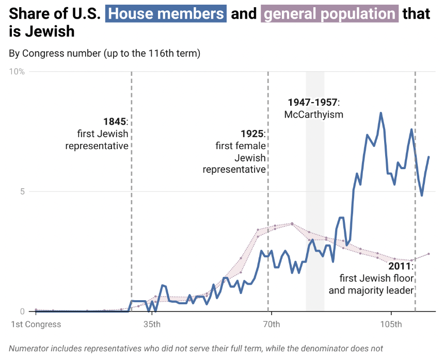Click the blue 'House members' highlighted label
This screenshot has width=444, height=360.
pos(166,13)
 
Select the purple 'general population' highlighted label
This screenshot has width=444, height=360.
pos(330,13)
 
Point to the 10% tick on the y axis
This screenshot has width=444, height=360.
pos(17,71)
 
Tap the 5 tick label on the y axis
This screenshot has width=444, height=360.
pos(22,191)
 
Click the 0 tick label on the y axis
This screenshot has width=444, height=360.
pos(22,312)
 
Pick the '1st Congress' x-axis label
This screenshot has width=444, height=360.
pos(36,324)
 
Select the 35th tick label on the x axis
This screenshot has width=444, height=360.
pos(151,324)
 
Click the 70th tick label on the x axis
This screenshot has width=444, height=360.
pos(271,324)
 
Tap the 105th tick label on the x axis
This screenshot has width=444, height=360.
pos(391,324)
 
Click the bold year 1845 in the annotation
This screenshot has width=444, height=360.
pos(114,122)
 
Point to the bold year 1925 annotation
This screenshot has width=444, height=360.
pos(252,134)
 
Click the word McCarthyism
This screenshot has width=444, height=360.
pos(314,114)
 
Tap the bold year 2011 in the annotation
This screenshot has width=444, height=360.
pos(400,266)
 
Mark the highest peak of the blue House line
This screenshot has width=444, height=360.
pos(380,113)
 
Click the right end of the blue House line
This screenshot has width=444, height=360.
pos(429,157)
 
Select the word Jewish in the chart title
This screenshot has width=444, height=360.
pos(42,32)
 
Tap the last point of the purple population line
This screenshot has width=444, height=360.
pos(429,254)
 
